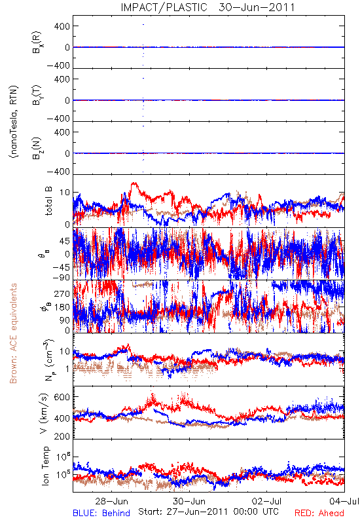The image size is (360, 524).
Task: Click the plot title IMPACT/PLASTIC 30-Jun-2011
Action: point(207,7)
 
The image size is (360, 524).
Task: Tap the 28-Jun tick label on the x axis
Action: point(111,501)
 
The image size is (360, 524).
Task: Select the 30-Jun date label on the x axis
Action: point(189,501)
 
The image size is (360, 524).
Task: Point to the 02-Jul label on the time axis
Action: point(266,501)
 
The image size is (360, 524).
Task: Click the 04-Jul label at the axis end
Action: point(344,501)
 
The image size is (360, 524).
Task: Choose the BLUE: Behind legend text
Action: point(101,513)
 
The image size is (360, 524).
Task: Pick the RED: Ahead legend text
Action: point(319,513)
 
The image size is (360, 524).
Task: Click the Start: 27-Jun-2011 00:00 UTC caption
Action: point(208,512)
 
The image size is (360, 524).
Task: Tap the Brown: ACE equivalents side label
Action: point(13,333)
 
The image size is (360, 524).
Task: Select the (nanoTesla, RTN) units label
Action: point(14,121)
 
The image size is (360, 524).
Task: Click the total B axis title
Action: point(48,200)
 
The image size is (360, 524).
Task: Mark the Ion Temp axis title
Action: point(45,466)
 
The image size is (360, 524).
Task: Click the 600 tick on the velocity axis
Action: point(62,397)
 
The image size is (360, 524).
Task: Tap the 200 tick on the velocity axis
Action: point(62,436)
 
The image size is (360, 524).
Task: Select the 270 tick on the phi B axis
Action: point(62,293)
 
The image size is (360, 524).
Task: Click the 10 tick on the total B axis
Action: point(65,193)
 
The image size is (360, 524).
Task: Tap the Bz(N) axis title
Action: point(37,148)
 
